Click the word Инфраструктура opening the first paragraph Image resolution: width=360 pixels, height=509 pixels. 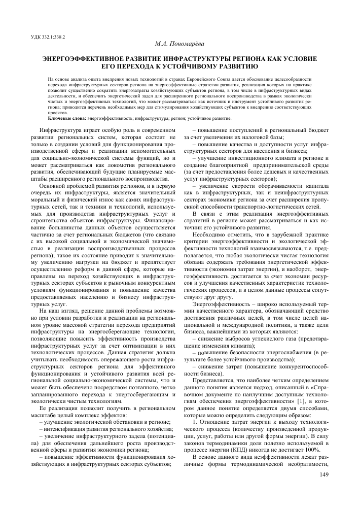pos(60,130)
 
